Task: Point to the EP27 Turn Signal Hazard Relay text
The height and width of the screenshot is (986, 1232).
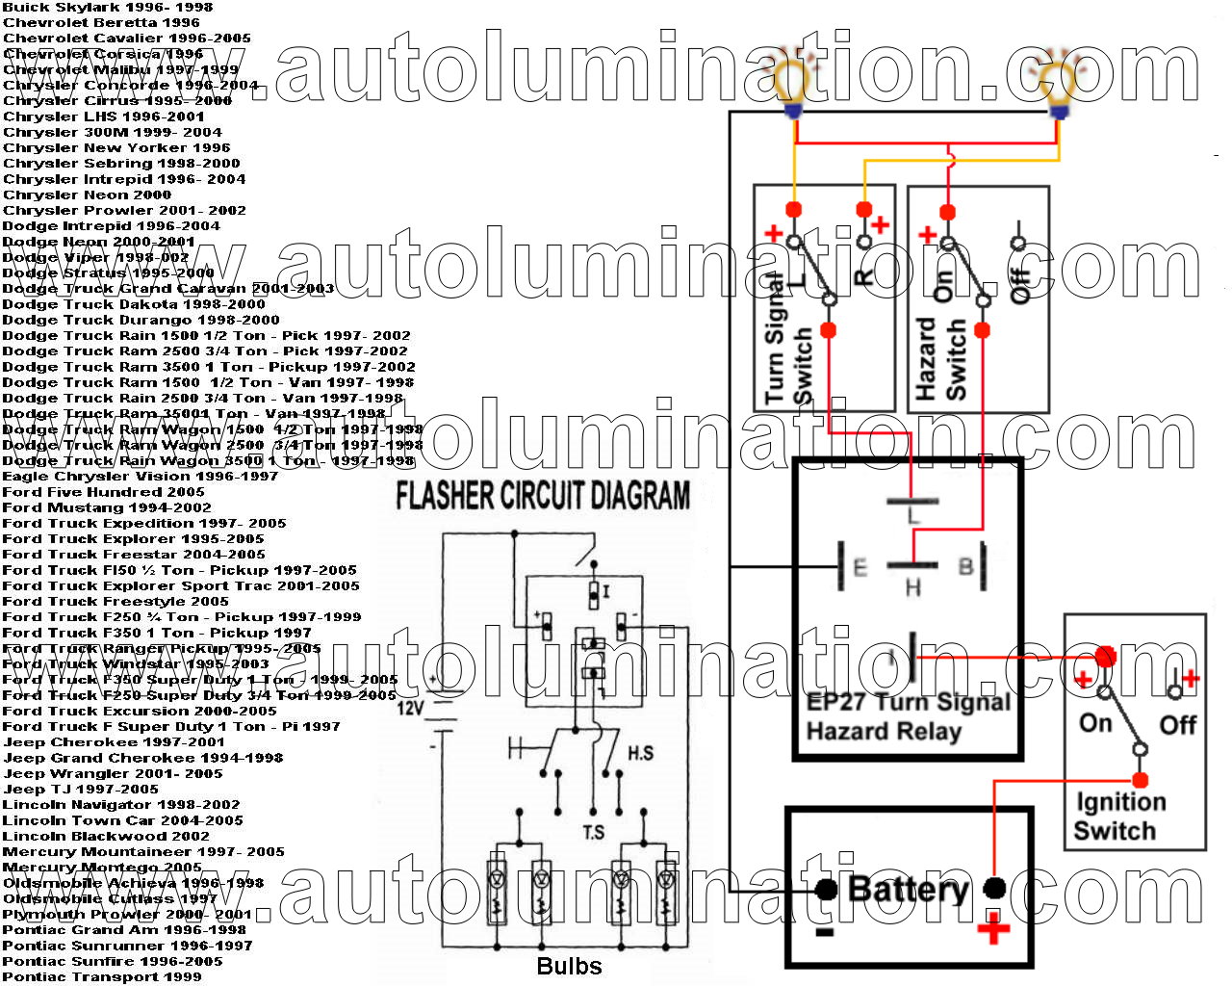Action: pyautogui.click(x=907, y=715)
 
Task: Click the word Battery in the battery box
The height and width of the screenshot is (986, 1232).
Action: pyautogui.click(x=908, y=888)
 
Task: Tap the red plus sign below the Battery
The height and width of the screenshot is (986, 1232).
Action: pyautogui.click(x=993, y=930)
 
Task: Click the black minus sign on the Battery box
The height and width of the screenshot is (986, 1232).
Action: pyautogui.click(x=824, y=932)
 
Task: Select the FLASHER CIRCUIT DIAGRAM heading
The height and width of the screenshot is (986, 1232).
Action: pyautogui.click(x=543, y=495)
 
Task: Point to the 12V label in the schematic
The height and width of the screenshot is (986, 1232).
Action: pyautogui.click(x=411, y=708)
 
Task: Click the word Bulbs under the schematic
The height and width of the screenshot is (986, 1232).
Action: pyautogui.click(x=569, y=966)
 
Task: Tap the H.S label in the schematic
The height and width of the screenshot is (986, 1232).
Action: pyautogui.click(x=640, y=753)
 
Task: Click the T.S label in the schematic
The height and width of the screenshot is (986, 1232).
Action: pyautogui.click(x=593, y=831)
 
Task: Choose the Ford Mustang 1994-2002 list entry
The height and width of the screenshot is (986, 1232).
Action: pyautogui.click(x=107, y=507)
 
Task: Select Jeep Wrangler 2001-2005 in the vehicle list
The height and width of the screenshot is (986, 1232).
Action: pyautogui.click(x=113, y=773)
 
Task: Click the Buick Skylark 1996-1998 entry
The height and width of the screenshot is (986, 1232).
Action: pyautogui.click(x=108, y=7)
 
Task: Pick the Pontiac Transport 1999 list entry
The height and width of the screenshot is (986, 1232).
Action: pyautogui.click(x=102, y=976)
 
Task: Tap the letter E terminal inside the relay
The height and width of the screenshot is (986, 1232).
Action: pyautogui.click(x=860, y=567)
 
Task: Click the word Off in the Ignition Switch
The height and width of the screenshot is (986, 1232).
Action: pyautogui.click(x=1177, y=724)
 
